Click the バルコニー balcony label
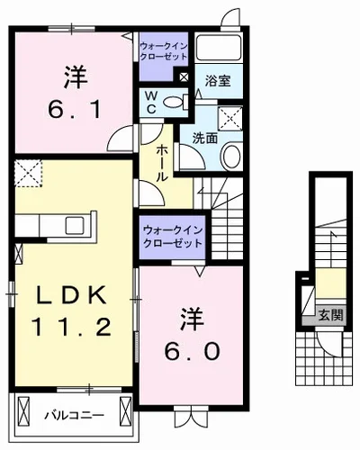tap(74, 416)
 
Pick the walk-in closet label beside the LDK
tap(172, 237)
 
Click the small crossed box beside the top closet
tap(184, 77)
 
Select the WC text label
tap(152, 101)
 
